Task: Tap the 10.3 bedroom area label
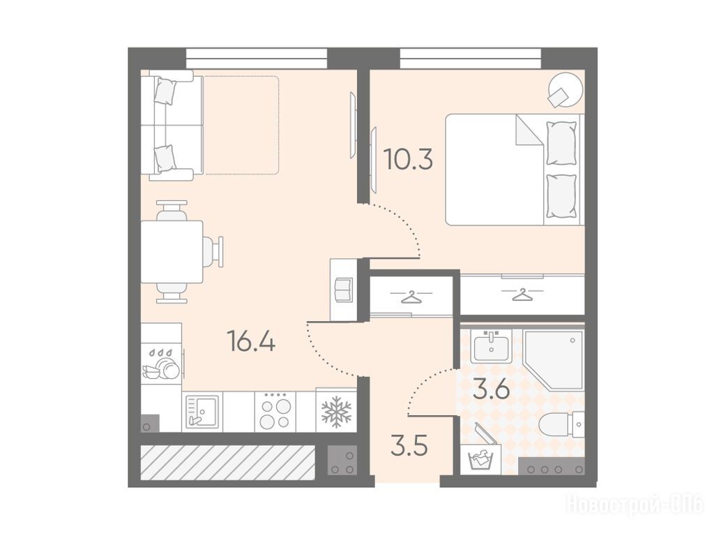click(x=408, y=159)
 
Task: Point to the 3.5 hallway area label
click(x=409, y=447)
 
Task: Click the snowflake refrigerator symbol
click(x=337, y=412)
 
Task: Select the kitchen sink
click(x=202, y=412)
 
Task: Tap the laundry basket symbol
click(x=484, y=455)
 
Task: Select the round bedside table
click(x=565, y=90)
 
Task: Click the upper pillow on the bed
click(x=561, y=143)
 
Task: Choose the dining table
click(x=172, y=251)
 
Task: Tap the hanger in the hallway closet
click(x=411, y=297)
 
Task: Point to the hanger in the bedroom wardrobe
click(x=522, y=294)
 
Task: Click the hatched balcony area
click(x=228, y=462)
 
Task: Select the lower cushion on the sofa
click(x=165, y=158)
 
